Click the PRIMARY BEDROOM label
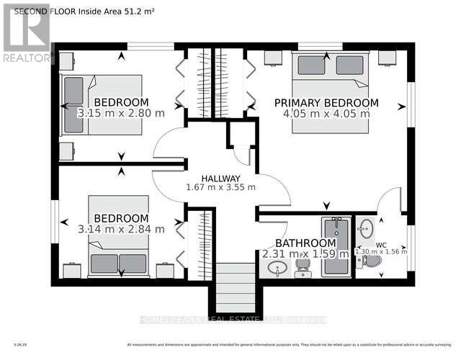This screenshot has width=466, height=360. [x=326, y=102]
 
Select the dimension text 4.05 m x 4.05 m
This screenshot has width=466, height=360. [x=326, y=113]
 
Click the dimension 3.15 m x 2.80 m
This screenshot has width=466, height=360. [x=121, y=113]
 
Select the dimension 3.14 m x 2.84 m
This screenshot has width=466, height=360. [x=121, y=229]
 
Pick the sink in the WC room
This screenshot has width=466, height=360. [x=366, y=229]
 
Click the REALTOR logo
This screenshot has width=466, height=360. [x=27, y=33]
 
